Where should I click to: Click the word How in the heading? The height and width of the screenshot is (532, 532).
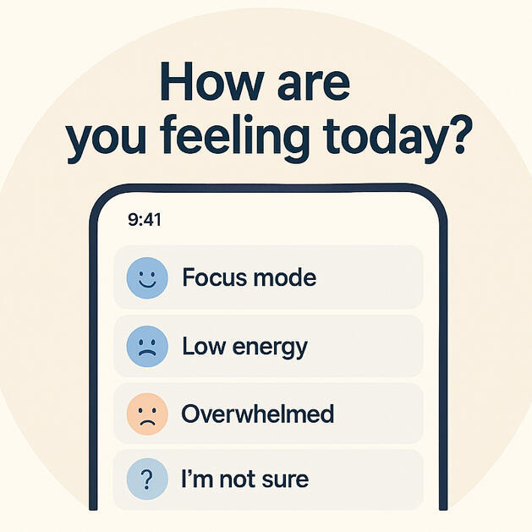pyautogui.click(x=211, y=82)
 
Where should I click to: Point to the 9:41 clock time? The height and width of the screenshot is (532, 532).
pyautogui.click(x=145, y=220)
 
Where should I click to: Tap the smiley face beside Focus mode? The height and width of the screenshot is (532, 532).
pyautogui.click(x=147, y=278)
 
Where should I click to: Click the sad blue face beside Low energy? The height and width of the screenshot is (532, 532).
pyautogui.click(x=147, y=347)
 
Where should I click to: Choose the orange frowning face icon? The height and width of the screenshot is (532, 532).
pyautogui.click(x=147, y=414)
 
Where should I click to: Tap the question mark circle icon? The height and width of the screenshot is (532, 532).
pyautogui.click(x=147, y=479)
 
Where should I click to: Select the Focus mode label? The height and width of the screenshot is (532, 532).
pyautogui.click(x=250, y=277)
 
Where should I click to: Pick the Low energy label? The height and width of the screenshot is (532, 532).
pyautogui.click(x=245, y=348)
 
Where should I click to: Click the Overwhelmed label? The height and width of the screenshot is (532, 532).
pyautogui.click(x=258, y=414)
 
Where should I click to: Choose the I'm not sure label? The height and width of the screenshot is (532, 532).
pyautogui.click(x=245, y=479)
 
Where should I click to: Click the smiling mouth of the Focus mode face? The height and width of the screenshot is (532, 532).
pyautogui.click(x=147, y=283)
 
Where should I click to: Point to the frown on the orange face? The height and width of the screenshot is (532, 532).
pyautogui.click(x=147, y=423)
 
